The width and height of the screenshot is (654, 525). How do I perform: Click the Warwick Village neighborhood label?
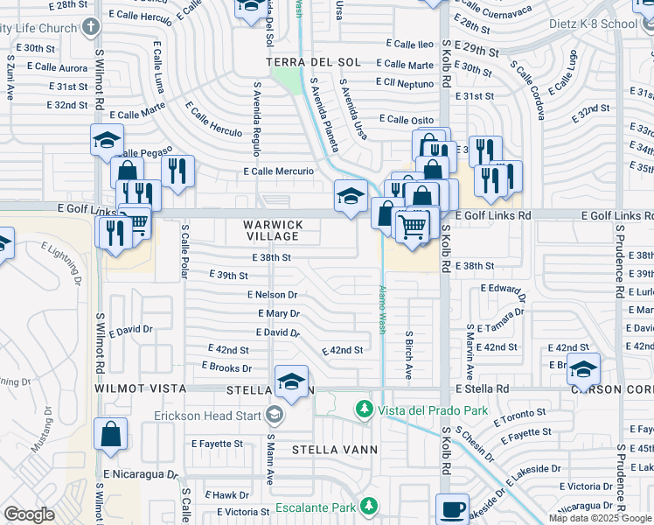274,231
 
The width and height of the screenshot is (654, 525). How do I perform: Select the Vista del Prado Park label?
428,409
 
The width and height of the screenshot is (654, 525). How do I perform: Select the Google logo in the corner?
29,514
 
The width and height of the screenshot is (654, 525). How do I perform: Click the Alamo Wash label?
382,309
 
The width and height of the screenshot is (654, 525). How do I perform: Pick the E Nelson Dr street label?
272,295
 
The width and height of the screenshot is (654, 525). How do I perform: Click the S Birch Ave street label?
408,353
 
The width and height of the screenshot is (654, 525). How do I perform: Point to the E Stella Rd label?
482,388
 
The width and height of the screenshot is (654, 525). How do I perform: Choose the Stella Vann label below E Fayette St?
334,450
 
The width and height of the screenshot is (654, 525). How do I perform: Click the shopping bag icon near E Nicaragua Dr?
111,433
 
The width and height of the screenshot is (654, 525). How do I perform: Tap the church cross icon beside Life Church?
90,28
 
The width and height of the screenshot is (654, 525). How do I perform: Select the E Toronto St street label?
519,411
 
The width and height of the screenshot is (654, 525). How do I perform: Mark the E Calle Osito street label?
406,120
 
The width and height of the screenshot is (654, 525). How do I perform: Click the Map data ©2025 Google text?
600,518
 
